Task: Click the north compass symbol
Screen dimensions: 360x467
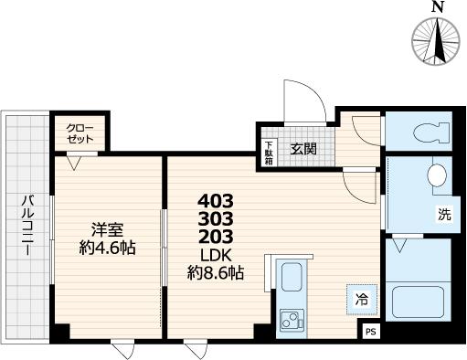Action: coord(436,41)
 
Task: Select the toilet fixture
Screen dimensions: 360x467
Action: coord(429,132)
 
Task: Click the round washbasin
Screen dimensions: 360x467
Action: coord(437,174)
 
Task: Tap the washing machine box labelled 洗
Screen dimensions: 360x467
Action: coord(443,216)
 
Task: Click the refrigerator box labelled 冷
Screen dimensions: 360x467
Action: coord(361,298)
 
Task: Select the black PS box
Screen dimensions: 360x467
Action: coord(371,332)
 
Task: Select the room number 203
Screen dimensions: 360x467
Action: coord(217,237)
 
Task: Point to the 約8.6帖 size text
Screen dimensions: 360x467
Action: coord(217,273)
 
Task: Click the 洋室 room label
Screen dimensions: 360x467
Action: coord(106,228)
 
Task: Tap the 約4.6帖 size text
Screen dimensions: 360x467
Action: coord(106,248)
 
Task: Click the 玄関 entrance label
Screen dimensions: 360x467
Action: coord(303,148)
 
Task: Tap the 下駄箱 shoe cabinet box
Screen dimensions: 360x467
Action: coord(269,152)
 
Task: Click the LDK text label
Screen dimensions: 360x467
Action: coord(217,255)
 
